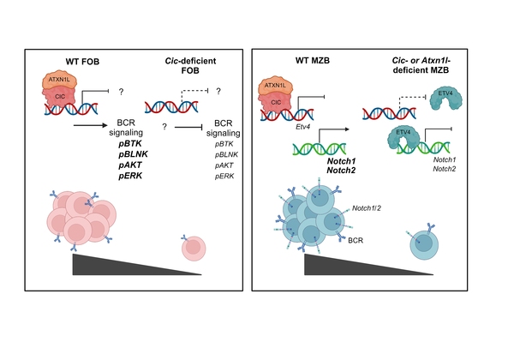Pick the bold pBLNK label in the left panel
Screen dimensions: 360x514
click(x=132, y=154)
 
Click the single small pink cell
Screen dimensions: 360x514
click(x=194, y=249)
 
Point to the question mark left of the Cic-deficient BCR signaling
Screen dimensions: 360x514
click(x=162, y=125)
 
